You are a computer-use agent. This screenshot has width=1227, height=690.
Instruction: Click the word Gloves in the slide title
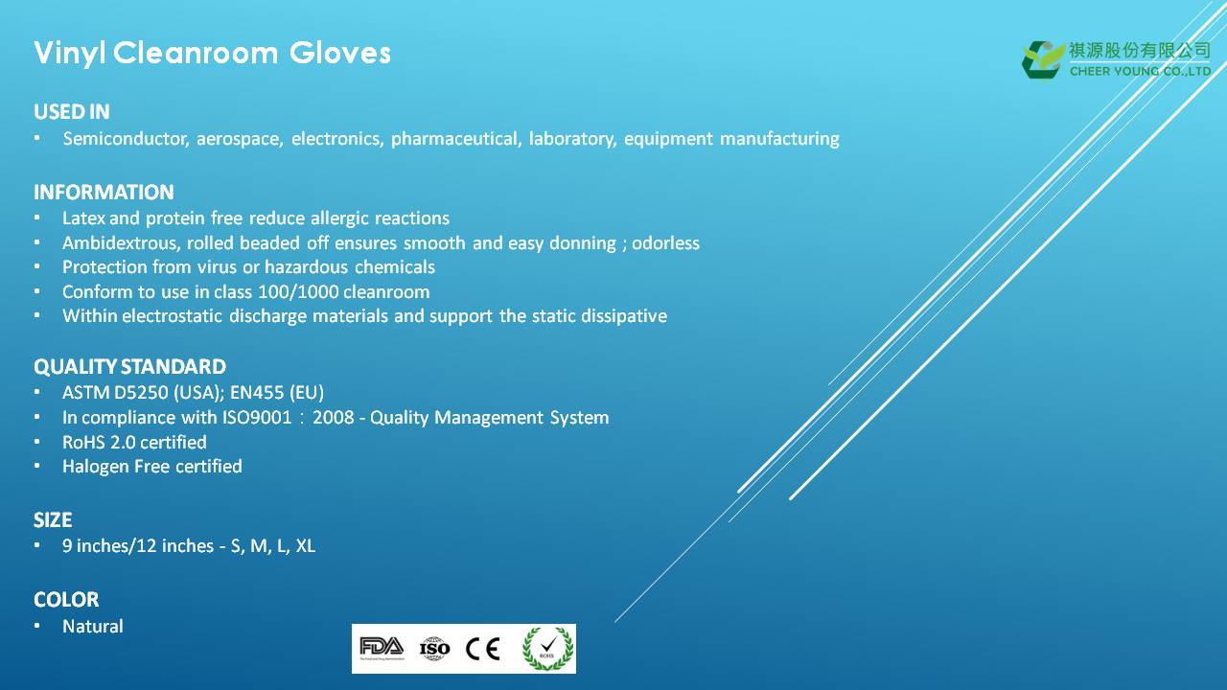(x=339, y=53)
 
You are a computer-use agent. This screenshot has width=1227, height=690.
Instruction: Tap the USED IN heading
(x=72, y=112)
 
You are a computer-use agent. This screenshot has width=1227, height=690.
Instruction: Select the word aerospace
(x=240, y=139)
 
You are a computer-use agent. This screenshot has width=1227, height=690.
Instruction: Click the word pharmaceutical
(x=455, y=139)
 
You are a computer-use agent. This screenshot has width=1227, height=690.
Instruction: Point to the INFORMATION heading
(x=104, y=193)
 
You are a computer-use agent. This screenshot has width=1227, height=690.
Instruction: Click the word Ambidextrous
(x=121, y=242)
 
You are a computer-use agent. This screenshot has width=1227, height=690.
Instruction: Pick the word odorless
(x=665, y=242)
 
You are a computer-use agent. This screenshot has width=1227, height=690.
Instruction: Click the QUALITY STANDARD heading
(x=129, y=366)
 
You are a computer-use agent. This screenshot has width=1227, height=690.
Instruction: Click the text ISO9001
(x=257, y=417)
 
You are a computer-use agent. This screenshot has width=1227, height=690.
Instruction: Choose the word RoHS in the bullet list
(x=83, y=442)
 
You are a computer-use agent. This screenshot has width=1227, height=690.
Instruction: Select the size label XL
(x=306, y=546)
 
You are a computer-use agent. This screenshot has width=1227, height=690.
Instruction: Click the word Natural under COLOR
(x=93, y=626)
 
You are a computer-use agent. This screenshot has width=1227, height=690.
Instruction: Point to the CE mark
(x=482, y=649)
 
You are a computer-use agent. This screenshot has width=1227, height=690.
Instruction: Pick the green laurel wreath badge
(x=547, y=649)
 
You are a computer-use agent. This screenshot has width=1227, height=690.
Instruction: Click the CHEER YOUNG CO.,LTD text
(x=1140, y=71)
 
